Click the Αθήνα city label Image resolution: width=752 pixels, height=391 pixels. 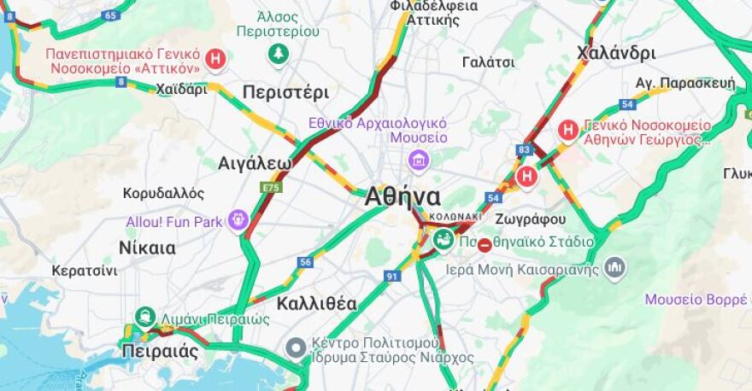[402, 196]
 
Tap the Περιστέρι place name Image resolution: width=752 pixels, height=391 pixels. [285, 92]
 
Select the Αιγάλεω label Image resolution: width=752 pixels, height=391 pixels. [255, 163]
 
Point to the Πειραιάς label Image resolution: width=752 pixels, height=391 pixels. [160, 351]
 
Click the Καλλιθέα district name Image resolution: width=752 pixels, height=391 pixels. [316, 303]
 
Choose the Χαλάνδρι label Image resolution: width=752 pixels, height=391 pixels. [616, 53]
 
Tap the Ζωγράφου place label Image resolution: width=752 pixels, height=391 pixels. [531, 219]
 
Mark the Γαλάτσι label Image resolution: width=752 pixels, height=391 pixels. [488, 62]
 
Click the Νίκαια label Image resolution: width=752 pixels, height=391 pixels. [148, 248]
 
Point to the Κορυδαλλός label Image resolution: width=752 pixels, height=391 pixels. [163, 193]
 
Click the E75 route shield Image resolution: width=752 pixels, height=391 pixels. [271, 186]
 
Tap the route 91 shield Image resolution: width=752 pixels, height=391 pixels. [392, 276]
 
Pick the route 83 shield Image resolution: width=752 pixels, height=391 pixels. [524, 149]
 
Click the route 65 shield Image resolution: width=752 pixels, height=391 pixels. [110, 15]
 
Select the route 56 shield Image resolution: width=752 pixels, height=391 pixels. [305, 261]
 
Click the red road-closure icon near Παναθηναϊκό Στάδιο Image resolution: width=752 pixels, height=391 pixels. [485, 246]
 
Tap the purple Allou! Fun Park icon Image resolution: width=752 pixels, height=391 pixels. [238, 221]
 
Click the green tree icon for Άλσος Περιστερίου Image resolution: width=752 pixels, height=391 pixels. [279, 55]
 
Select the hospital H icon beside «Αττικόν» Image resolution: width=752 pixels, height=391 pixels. [217, 59]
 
